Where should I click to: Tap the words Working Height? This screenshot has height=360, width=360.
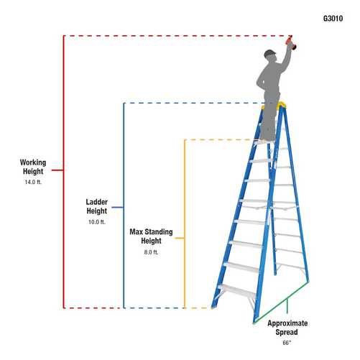pyautogui.click(x=32, y=167)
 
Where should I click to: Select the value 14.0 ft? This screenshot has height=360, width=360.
pyautogui.click(x=32, y=183)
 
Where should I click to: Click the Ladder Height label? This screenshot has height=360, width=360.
pyautogui.click(x=96, y=207)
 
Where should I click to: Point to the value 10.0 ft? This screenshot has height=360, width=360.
pyautogui.click(x=96, y=223)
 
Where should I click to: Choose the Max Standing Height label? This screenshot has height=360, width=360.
pyautogui.click(x=151, y=236)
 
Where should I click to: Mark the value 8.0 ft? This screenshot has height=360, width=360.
pyautogui.click(x=151, y=252)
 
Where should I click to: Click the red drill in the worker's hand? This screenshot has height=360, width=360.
pyautogui.click(x=290, y=44)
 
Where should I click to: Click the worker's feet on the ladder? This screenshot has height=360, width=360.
pyautogui.click(x=267, y=137)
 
